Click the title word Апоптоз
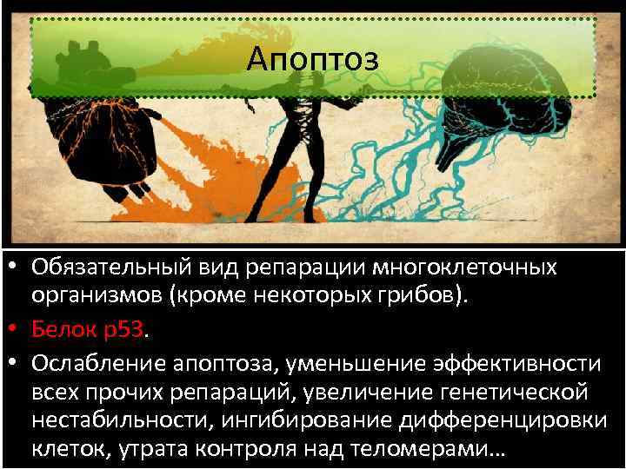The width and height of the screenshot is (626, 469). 312,59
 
